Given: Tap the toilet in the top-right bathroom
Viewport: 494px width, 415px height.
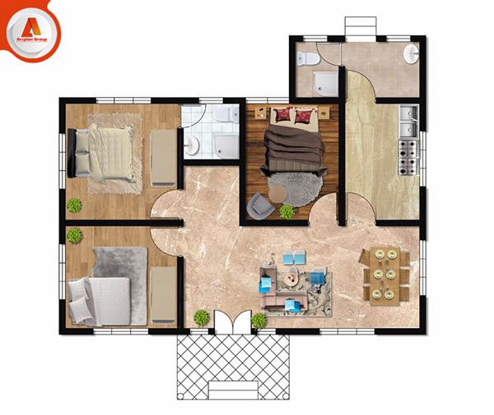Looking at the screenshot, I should [306, 57].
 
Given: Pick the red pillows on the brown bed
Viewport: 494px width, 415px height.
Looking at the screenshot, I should [293, 114].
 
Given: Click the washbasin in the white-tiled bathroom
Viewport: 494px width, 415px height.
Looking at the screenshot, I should [193, 145].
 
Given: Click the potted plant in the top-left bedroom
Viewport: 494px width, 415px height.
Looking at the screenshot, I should [74, 205].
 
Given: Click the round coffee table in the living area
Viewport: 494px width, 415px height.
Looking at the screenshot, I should [291, 280].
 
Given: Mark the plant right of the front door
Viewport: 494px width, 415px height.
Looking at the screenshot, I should [259, 320].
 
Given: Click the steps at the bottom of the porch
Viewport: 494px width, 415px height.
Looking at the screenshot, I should [235, 389].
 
